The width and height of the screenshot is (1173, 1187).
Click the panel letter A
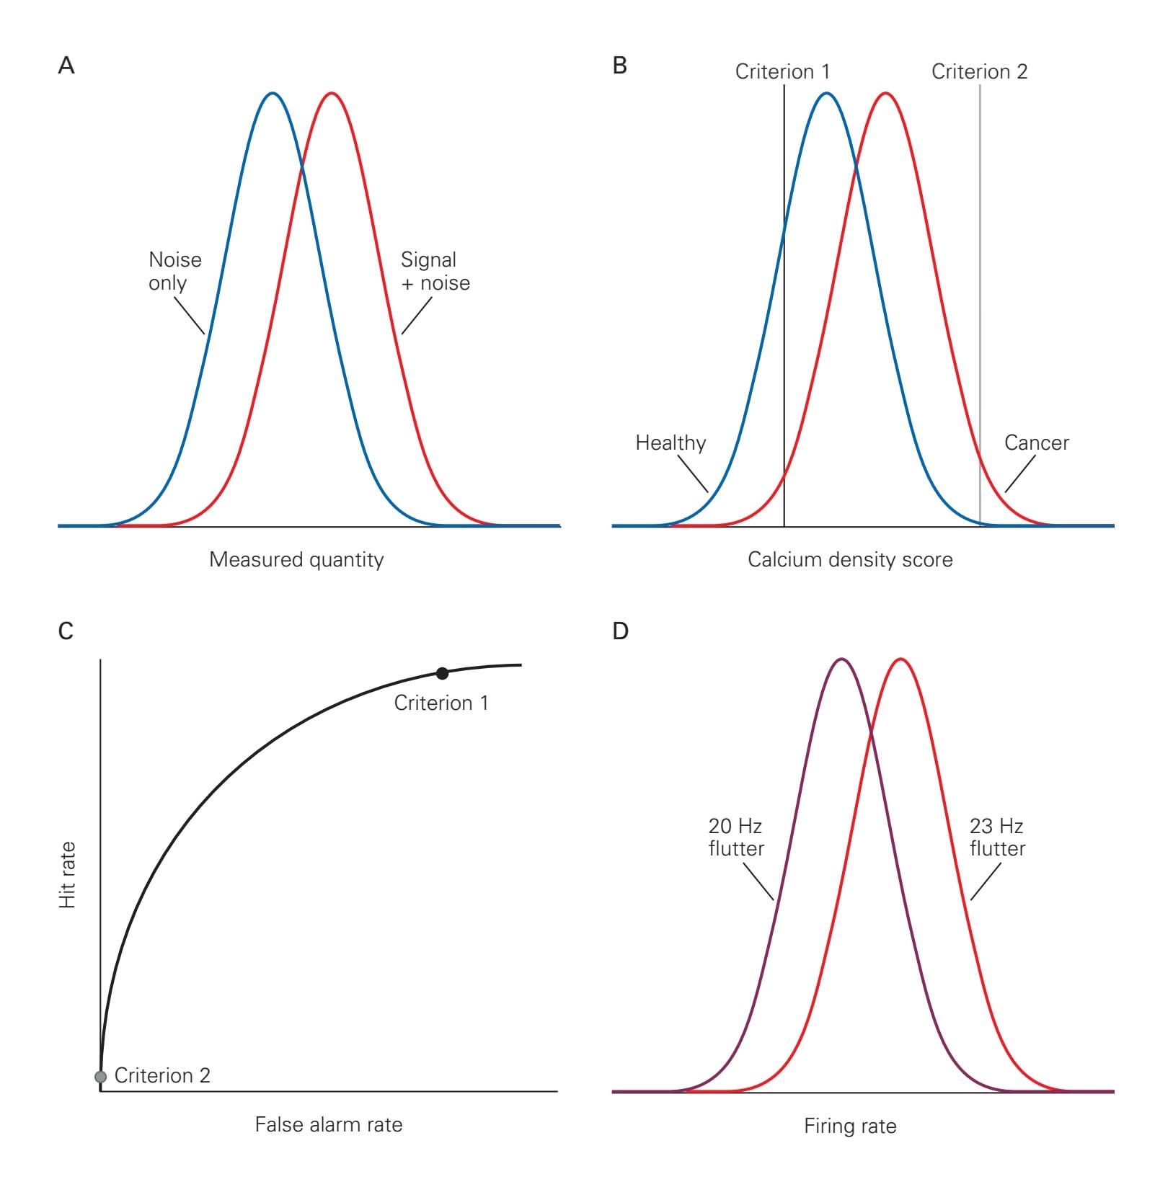tap(66, 66)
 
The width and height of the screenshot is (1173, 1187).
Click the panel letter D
tap(620, 631)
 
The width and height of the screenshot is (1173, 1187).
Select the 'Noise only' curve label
tap(174, 271)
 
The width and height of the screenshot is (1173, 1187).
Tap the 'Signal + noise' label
tap(435, 271)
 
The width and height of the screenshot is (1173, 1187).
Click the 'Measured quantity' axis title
tap(296, 560)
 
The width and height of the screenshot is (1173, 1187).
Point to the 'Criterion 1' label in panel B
tap(782, 71)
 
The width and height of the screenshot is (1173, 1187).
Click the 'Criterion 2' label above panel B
tap(979, 71)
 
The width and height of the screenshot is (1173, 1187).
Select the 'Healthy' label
tap(670, 443)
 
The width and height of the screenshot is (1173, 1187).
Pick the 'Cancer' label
tap(1036, 443)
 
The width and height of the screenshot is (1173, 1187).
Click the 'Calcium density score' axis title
tap(850, 560)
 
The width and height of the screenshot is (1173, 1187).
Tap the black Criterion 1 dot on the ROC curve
tap(442, 673)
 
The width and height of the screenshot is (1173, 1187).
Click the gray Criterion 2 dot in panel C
tap(100, 1077)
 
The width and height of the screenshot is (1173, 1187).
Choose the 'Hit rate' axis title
tap(67, 875)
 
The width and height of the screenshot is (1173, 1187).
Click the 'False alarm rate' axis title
tap(329, 1125)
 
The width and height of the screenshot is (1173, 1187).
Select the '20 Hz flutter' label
tap(735, 837)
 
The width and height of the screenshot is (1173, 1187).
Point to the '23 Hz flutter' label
tap(997, 837)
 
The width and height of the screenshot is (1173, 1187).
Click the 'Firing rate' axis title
tap(850, 1126)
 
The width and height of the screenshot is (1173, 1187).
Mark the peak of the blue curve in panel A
tap(273, 93)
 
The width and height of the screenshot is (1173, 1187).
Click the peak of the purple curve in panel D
tap(841, 659)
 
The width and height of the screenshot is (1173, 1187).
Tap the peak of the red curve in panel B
tap(886, 93)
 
